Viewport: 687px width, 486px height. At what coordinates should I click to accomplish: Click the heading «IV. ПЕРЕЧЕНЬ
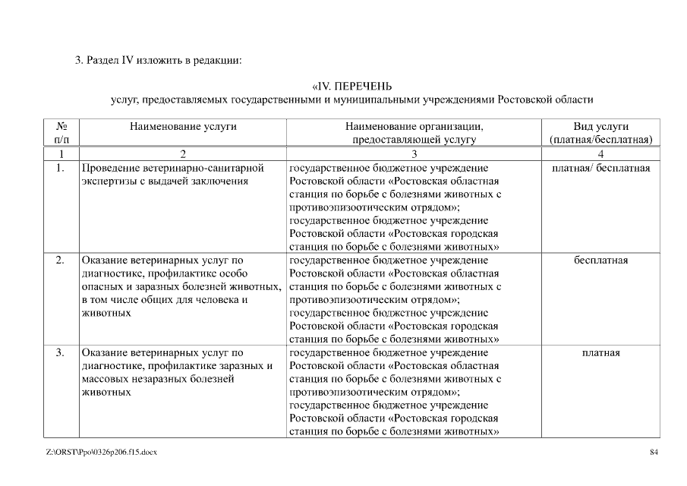click(351, 86)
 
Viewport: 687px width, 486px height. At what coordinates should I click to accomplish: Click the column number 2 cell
click(182, 153)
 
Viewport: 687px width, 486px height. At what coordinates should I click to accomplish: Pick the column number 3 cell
click(414, 153)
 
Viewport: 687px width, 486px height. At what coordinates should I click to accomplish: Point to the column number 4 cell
click(600, 153)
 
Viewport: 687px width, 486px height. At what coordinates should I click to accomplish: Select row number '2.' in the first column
click(60, 260)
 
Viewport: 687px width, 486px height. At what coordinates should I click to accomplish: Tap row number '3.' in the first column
click(60, 352)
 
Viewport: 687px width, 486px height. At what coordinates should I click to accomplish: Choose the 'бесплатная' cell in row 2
click(600, 260)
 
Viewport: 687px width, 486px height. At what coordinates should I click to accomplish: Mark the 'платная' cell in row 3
click(600, 352)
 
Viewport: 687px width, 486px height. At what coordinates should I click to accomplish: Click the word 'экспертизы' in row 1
click(108, 181)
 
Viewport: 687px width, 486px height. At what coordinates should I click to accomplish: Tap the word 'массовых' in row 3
click(103, 379)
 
